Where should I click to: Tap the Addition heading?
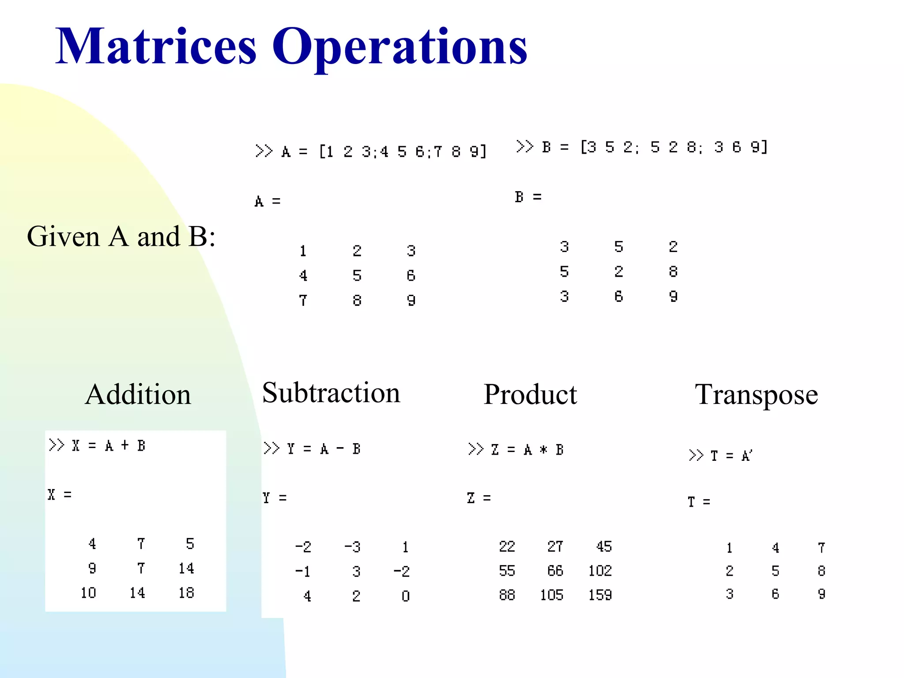coord(138,394)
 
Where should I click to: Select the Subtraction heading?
coord(331,392)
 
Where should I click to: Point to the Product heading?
coord(530,394)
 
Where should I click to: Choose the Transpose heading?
coord(756,395)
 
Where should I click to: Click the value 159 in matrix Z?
coord(600,595)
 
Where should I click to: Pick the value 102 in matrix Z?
coord(600,571)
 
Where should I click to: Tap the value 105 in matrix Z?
coord(551,595)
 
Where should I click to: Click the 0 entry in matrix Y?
coord(406,596)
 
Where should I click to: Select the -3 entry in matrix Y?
coord(352,547)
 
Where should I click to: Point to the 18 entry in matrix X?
coord(186,593)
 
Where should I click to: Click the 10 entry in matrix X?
coord(88,593)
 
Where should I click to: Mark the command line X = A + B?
coord(97,445)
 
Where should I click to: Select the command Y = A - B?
coord(312,449)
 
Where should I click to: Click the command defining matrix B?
coord(642,147)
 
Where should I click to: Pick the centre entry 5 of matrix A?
coord(357,276)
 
